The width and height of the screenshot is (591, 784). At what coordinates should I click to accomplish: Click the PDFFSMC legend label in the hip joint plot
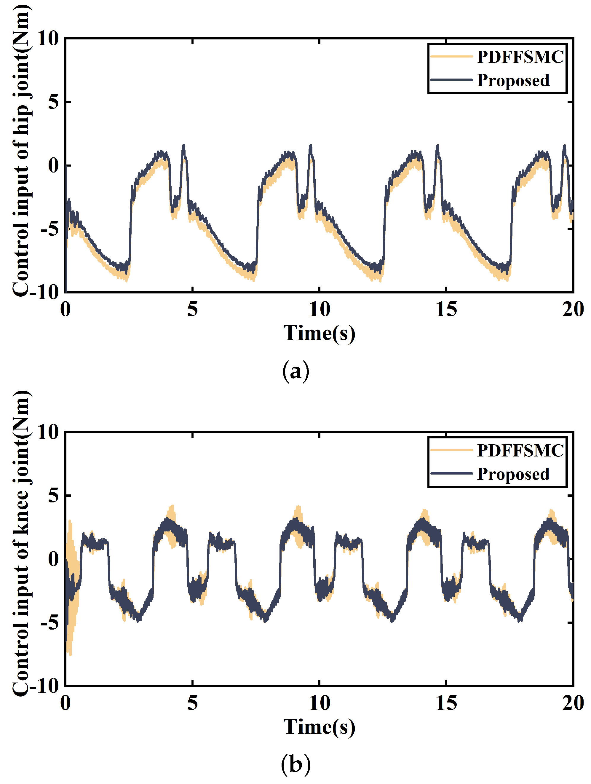520,57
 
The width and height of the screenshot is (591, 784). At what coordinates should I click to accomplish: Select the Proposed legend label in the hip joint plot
513,80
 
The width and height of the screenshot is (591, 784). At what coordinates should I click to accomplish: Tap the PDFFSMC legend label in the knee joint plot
520,451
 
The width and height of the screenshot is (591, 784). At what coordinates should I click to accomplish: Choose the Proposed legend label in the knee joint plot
513,474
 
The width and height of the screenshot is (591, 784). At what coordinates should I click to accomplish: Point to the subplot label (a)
295,371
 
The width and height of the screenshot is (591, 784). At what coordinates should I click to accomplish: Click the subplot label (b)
295,764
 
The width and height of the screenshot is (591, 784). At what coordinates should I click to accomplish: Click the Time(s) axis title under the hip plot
319,333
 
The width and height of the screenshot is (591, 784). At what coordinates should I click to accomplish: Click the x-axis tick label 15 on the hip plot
446,309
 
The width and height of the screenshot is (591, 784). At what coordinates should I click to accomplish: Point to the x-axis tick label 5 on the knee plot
192,703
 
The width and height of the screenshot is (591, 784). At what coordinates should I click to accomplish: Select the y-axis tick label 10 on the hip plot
48,38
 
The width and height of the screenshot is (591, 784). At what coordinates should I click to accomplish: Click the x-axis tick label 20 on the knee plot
573,703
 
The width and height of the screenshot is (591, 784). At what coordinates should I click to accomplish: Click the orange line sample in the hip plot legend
451,57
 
